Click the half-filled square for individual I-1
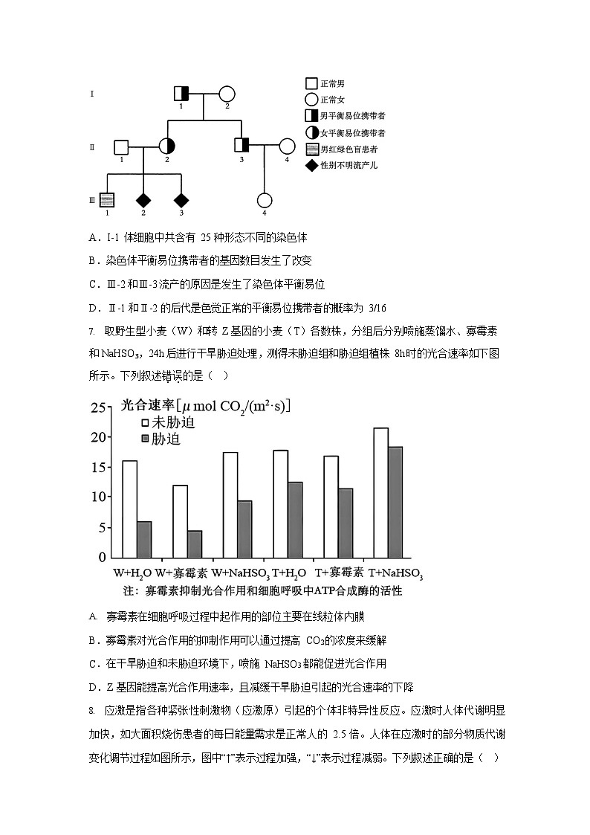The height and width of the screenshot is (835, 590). (181, 94)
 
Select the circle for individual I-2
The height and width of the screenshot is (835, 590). (227, 94)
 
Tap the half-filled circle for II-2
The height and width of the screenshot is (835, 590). (166, 146)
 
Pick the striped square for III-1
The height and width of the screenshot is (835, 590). (107, 200)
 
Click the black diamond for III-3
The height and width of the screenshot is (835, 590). (181, 200)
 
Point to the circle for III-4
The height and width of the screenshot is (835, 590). (265, 200)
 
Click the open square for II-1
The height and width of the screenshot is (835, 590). (121, 146)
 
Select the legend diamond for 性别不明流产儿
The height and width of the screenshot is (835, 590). (312, 165)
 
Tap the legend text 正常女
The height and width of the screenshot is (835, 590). (333, 100)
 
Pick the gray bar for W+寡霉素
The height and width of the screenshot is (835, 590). (195, 544)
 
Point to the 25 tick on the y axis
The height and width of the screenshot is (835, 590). (98, 408)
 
